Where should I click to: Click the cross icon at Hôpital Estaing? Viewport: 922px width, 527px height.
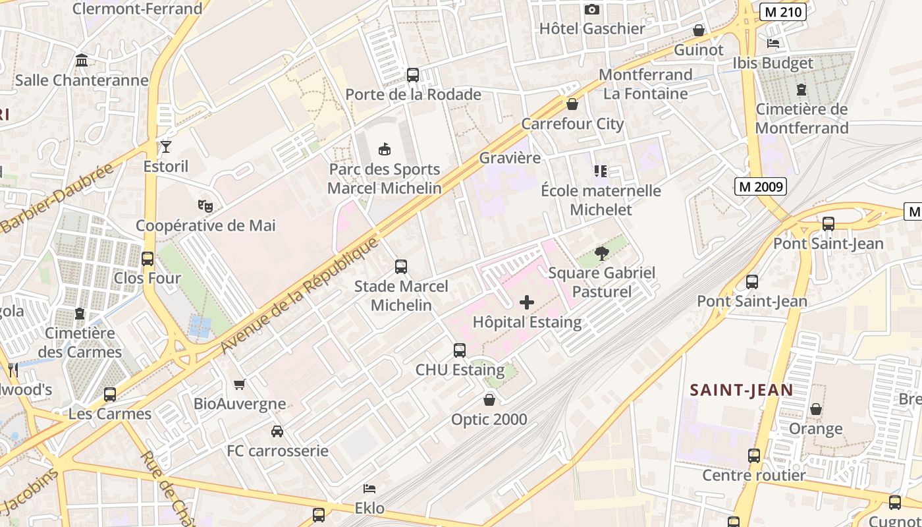coord(527,302)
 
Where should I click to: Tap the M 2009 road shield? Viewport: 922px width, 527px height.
coord(761,186)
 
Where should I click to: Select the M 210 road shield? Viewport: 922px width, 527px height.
coord(782,12)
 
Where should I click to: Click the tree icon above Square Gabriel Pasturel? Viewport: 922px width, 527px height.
coord(601,253)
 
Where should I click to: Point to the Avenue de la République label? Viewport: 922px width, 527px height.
coord(300,294)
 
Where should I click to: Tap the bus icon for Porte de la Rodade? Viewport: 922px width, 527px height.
coord(413,75)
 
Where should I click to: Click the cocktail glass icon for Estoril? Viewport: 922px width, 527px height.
coord(165,146)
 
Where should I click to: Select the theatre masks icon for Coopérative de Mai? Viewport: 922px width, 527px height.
coord(206,206)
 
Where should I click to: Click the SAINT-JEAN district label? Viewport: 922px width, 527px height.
coord(741,390)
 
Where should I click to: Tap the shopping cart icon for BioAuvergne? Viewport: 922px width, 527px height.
coord(240,384)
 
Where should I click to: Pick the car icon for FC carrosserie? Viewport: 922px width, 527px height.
coord(277,431)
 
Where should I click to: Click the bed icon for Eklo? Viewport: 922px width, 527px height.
coord(369,489)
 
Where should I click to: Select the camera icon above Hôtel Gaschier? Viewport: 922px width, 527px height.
coord(592,9)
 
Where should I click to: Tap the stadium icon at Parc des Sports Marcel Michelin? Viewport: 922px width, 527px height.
coord(385,150)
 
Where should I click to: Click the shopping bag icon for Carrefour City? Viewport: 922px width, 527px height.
coord(572,104)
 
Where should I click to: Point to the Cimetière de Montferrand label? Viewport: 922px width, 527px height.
coord(801,119)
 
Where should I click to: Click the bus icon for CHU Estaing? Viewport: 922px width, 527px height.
coord(460,350)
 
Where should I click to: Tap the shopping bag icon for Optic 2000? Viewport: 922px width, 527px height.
coord(489,400)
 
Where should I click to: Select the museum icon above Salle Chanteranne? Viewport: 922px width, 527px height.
coord(82,61)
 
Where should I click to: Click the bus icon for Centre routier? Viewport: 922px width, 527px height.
coord(753,456)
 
